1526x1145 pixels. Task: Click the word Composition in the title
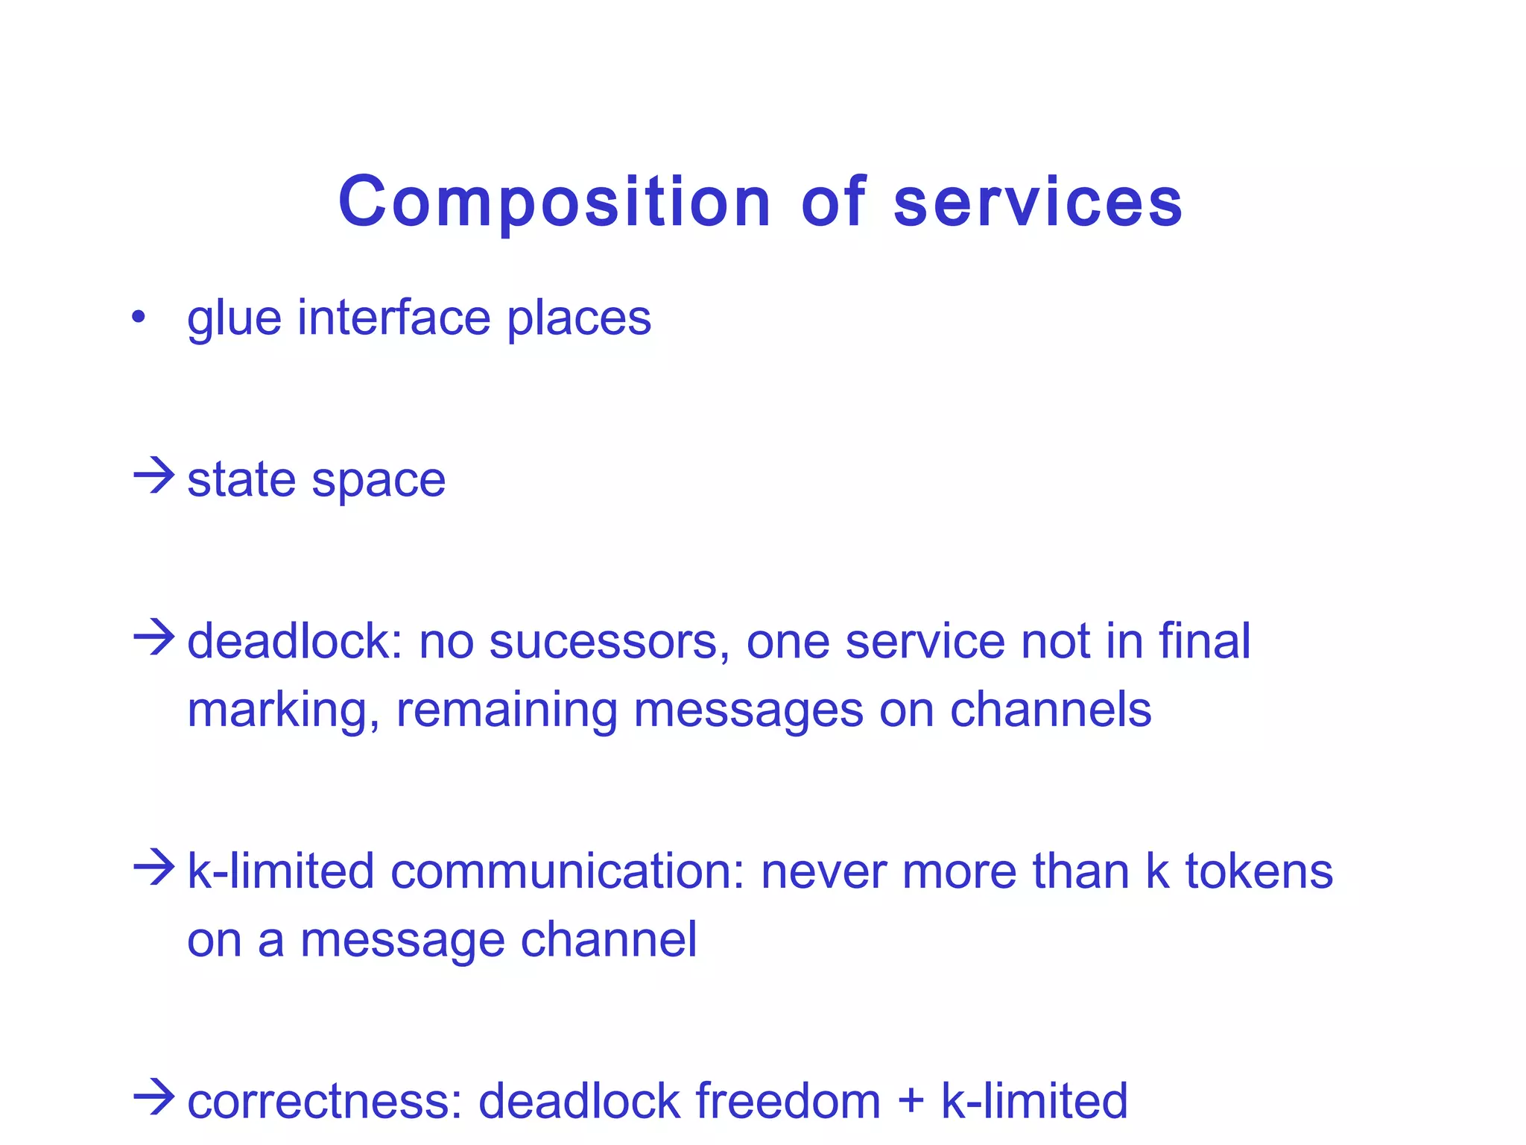pos(554,203)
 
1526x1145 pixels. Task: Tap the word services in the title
pos(1038,203)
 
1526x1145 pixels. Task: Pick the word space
pos(379,482)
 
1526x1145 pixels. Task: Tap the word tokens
pos(1259,871)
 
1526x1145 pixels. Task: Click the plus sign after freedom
pos(911,1102)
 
